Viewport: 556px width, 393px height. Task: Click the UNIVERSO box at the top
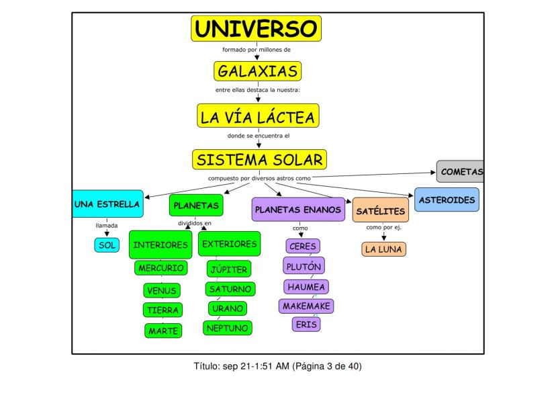click(x=256, y=29)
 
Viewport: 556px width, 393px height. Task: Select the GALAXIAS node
click(x=257, y=71)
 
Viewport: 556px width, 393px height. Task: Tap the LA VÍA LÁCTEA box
click(x=258, y=116)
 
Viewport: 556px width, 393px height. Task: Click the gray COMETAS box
click(x=461, y=172)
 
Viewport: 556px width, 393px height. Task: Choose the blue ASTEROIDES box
click(x=447, y=200)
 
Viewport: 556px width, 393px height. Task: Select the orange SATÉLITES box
click(x=381, y=210)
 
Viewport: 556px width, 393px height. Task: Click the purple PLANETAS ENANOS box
click(x=298, y=210)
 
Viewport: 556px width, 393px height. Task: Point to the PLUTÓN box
click(x=304, y=266)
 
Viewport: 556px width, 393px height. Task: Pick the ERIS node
click(x=306, y=324)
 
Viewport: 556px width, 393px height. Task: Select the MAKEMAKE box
click(x=306, y=306)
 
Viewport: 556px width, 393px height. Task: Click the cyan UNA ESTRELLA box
click(x=107, y=204)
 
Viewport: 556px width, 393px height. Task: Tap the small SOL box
click(x=107, y=245)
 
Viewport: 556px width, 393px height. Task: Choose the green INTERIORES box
click(x=160, y=245)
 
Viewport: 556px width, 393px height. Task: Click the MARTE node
click(x=163, y=331)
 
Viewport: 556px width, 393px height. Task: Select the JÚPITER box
click(x=229, y=269)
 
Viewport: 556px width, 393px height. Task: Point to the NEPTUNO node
click(x=228, y=328)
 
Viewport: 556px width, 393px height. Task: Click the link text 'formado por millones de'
click(x=257, y=50)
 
